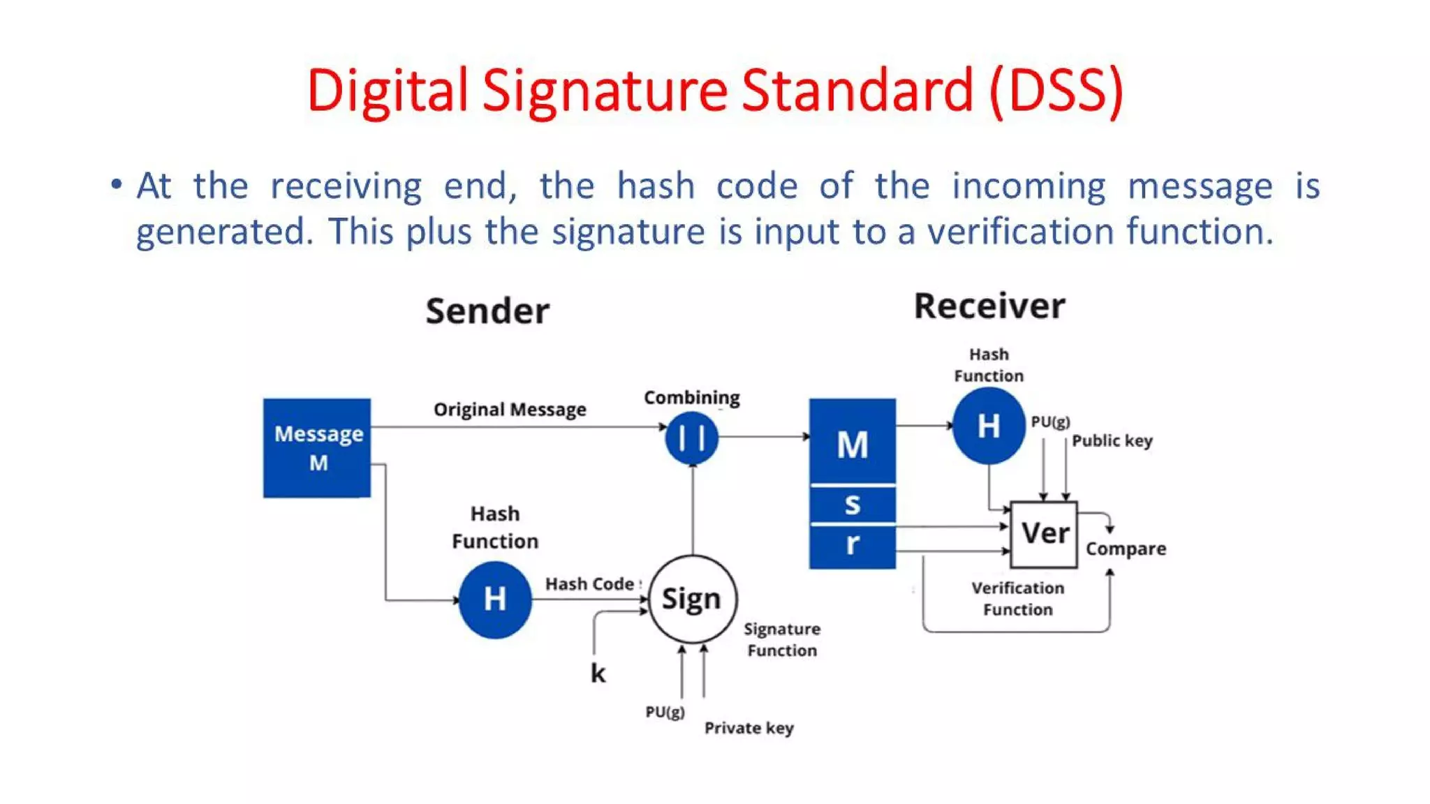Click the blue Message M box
click(x=317, y=447)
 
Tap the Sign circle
click(x=692, y=599)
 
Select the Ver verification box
click(x=1044, y=534)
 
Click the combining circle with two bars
click(x=691, y=438)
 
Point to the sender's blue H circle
click(x=495, y=600)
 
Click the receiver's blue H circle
click(x=989, y=426)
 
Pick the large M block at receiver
click(x=852, y=441)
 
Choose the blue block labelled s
click(x=852, y=504)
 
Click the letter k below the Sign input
click(x=598, y=673)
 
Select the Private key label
click(x=749, y=728)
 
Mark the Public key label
click(x=1112, y=440)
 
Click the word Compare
click(x=1126, y=549)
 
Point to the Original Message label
click(x=510, y=409)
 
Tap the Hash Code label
click(x=590, y=583)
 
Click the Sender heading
click(x=487, y=311)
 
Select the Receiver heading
click(x=989, y=306)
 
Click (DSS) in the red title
click(x=1056, y=91)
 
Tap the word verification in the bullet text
click(x=1019, y=231)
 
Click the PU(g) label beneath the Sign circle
click(x=665, y=712)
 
